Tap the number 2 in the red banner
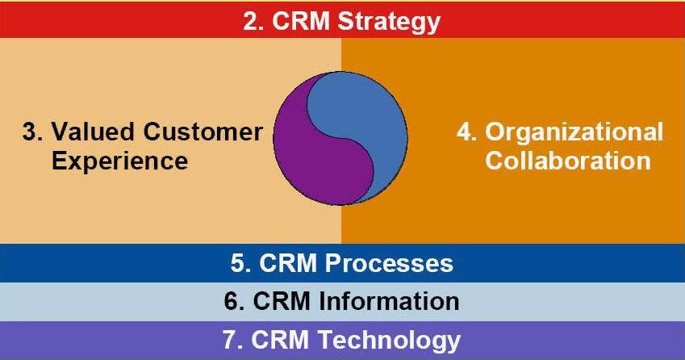(x=250, y=21)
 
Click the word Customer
(x=203, y=132)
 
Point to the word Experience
(x=120, y=161)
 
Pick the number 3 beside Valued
(x=30, y=132)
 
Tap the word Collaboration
(x=568, y=161)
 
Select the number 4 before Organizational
(x=465, y=132)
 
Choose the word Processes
(x=389, y=263)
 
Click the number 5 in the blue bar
(x=238, y=263)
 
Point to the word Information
(x=389, y=301)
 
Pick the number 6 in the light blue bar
(x=232, y=301)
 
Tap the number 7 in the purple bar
(x=230, y=340)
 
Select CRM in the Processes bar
(x=288, y=263)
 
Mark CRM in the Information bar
(x=282, y=301)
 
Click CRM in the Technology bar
(x=280, y=340)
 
